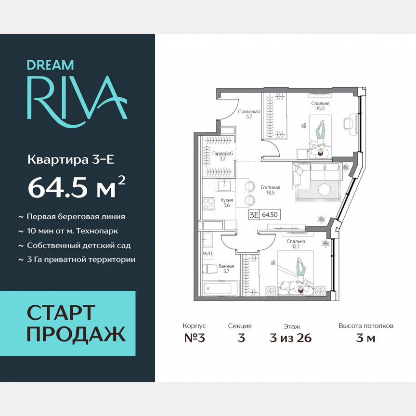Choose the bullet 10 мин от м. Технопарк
pos(72,231)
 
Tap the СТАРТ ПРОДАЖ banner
pos(67,323)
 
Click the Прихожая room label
pos(249,114)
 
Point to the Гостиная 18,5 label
pos(271,191)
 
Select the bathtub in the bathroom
pos(218,289)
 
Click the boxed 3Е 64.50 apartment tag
pos(265,215)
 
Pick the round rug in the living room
pos(324,188)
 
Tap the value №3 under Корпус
pos(195,338)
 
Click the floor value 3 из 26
pos(291,338)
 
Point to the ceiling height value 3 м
pos(365,338)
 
